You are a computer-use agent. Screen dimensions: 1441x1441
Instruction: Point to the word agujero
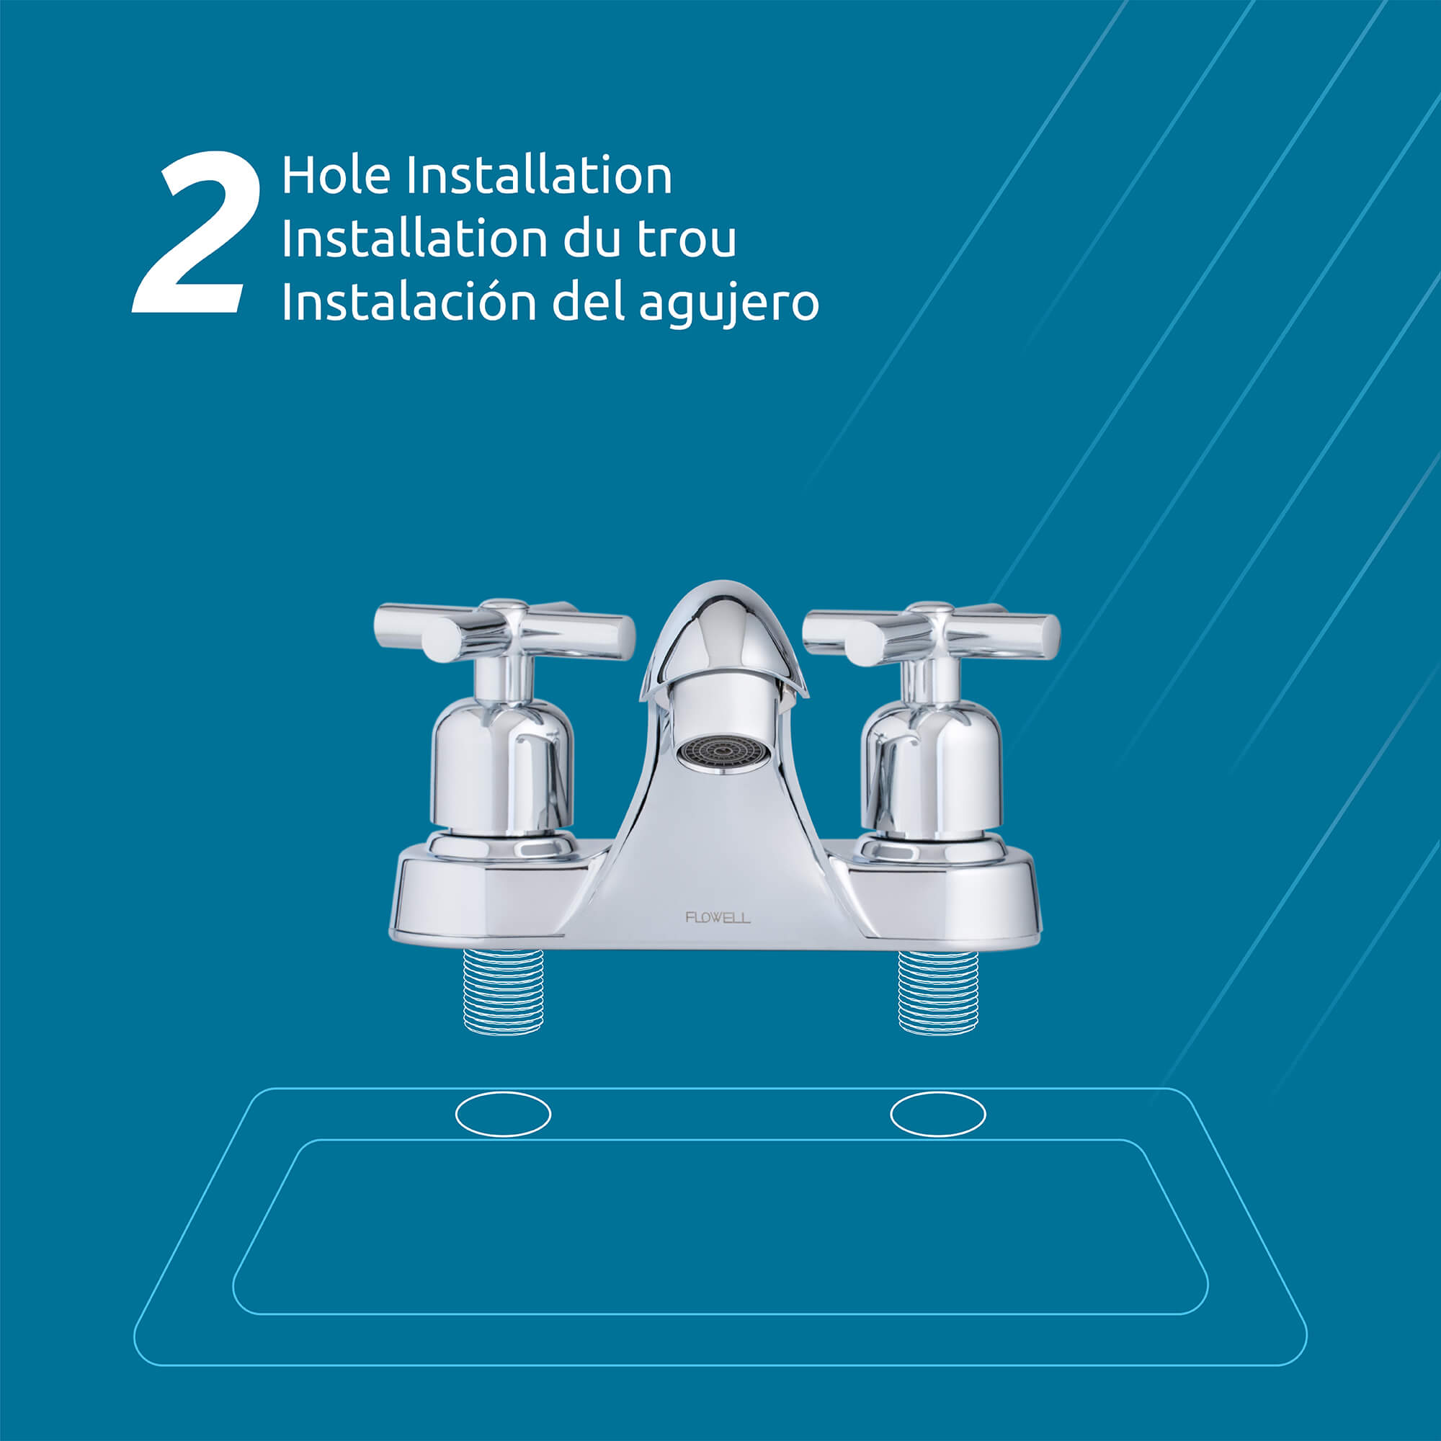coord(728,304)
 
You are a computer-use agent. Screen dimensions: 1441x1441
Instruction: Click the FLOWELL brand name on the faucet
coord(718,917)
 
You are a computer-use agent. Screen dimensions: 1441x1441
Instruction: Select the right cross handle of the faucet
coord(931,635)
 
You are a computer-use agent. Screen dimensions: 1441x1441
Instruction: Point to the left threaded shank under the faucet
coord(504,991)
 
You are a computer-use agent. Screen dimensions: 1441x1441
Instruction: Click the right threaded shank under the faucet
coord(937,991)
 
